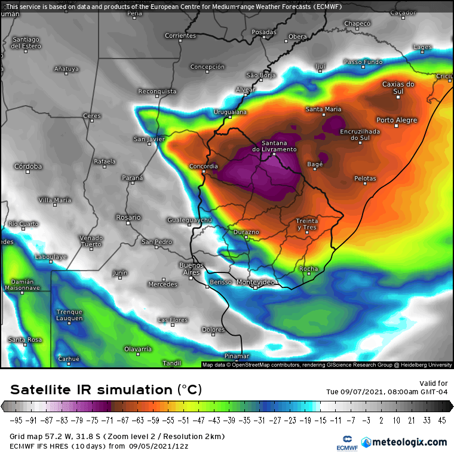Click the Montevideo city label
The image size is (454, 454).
point(255,281)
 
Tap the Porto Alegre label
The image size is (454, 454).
point(397,120)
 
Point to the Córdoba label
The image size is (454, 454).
point(28,166)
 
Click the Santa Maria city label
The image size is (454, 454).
point(323,109)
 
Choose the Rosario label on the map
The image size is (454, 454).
point(128,217)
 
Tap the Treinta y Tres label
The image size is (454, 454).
point(306,224)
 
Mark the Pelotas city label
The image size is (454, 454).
point(365,179)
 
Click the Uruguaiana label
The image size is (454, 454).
point(230,112)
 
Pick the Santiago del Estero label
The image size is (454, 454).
point(26,42)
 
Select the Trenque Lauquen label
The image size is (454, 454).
point(69,315)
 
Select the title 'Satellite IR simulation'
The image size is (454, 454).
point(93,390)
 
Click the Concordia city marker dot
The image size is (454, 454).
point(204,172)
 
